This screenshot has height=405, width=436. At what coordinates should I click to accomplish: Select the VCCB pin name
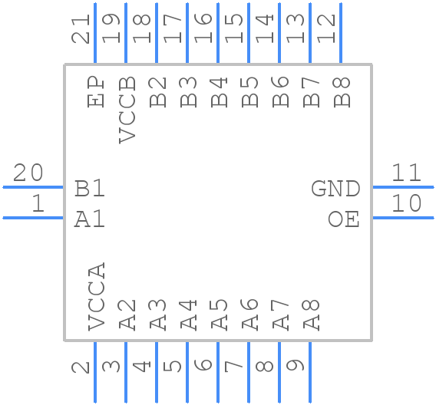[x=127, y=110]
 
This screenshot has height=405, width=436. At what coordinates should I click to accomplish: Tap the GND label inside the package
[x=335, y=189]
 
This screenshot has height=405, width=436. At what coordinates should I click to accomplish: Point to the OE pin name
[x=343, y=219]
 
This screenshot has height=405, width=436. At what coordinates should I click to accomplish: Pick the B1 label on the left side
[x=90, y=189]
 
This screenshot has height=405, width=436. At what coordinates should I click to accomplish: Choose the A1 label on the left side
[x=90, y=219]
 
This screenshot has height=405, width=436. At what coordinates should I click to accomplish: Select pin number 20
[x=28, y=173]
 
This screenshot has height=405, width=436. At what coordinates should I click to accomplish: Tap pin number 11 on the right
[x=407, y=173]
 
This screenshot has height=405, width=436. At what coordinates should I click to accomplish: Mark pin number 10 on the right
[x=407, y=204]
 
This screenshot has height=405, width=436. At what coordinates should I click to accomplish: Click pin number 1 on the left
[x=38, y=204]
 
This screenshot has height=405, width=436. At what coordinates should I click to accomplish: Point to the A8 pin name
[x=311, y=315]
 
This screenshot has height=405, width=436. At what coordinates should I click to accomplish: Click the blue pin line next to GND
[x=403, y=186]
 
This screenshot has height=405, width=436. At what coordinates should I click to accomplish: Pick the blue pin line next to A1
[x=33, y=218]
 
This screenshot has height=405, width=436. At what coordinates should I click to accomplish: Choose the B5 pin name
[x=249, y=91]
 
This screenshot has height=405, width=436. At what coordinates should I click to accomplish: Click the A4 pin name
[x=188, y=315]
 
